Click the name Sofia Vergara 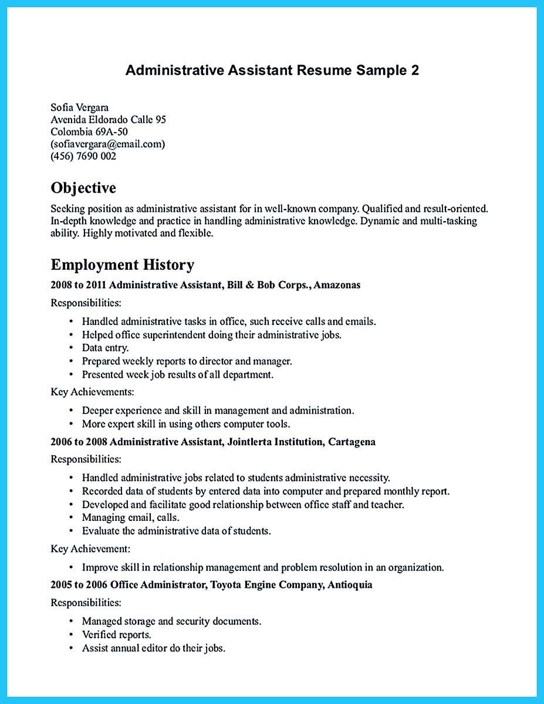(80, 107)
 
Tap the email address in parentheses (108, 144)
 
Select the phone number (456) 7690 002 (83, 156)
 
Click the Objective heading (83, 188)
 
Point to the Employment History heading (122, 265)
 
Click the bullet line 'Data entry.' (105, 348)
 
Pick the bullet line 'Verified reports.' (116, 635)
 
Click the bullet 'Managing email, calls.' (130, 517)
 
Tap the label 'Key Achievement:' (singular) (90, 549)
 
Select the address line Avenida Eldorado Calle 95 (109, 120)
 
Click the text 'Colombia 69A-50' (89, 132)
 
